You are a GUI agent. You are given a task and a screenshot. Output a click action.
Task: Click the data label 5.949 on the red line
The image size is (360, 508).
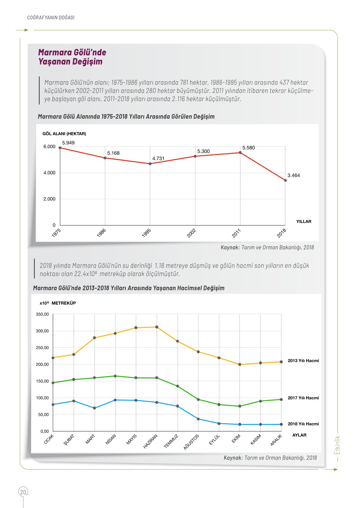point(68,143)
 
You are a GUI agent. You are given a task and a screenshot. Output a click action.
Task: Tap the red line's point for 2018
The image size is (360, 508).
point(285,181)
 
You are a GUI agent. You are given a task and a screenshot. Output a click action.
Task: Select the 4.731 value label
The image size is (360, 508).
point(158,158)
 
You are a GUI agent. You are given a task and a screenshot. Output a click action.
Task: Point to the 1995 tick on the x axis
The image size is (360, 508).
point(146,233)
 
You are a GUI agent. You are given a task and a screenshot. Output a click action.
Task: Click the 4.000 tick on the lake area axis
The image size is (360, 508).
point(50,173)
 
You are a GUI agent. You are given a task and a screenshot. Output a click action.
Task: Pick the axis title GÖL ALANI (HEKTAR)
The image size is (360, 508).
point(64,134)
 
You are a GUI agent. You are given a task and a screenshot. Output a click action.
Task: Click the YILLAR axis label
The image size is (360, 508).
point(304,221)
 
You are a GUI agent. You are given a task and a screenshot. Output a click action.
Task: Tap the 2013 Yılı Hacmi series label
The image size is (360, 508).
point(303,361)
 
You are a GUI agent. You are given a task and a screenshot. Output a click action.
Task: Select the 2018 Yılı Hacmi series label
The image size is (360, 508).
point(303,424)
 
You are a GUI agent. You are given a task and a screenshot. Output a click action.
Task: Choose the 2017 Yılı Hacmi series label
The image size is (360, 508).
point(303,398)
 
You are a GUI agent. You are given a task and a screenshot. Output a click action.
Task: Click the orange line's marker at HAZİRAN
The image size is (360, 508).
point(157,327)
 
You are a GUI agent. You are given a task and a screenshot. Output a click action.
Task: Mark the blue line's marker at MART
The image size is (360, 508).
point(94,408)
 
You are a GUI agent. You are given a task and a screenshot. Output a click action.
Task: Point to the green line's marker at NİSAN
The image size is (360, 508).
point(115,376)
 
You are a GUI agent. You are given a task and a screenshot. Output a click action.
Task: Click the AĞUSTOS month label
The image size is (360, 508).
point(191,442)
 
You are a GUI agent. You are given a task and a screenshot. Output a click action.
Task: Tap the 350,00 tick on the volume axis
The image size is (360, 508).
point(42,314)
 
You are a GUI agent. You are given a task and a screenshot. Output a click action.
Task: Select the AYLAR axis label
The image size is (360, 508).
point(299,435)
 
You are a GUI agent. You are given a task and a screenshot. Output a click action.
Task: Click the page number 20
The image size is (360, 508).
point(23,492)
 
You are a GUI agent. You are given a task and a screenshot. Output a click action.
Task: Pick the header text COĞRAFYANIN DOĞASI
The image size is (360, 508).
point(51,18)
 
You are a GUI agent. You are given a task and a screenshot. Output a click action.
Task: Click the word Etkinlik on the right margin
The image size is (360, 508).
point(337,445)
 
